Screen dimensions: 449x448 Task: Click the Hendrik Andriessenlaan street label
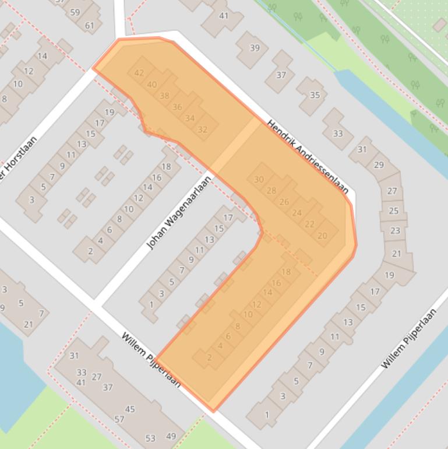click(x=308, y=157)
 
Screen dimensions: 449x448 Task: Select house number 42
click(x=139, y=73)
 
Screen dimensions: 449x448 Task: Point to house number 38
click(x=164, y=96)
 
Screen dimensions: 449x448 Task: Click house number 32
click(x=202, y=129)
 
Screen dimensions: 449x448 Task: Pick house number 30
click(x=259, y=180)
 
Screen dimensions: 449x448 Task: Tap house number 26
click(x=284, y=202)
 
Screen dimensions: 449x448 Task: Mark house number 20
click(x=322, y=236)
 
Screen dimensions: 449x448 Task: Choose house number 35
click(x=315, y=95)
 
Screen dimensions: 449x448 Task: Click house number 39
click(x=255, y=48)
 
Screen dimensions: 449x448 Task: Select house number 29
click(x=379, y=165)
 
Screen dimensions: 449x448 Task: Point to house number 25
click(x=393, y=211)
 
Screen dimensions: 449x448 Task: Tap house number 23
click(x=395, y=230)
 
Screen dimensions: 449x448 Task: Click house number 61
click(x=89, y=25)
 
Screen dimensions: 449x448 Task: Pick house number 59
click(x=75, y=12)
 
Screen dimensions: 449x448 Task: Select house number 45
click(x=129, y=409)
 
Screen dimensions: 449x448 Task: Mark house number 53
click(x=150, y=438)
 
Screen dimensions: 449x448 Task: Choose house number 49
click(x=171, y=436)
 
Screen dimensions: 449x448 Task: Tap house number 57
click(x=119, y=419)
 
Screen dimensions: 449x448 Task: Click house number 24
click(x=297, y=213)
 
